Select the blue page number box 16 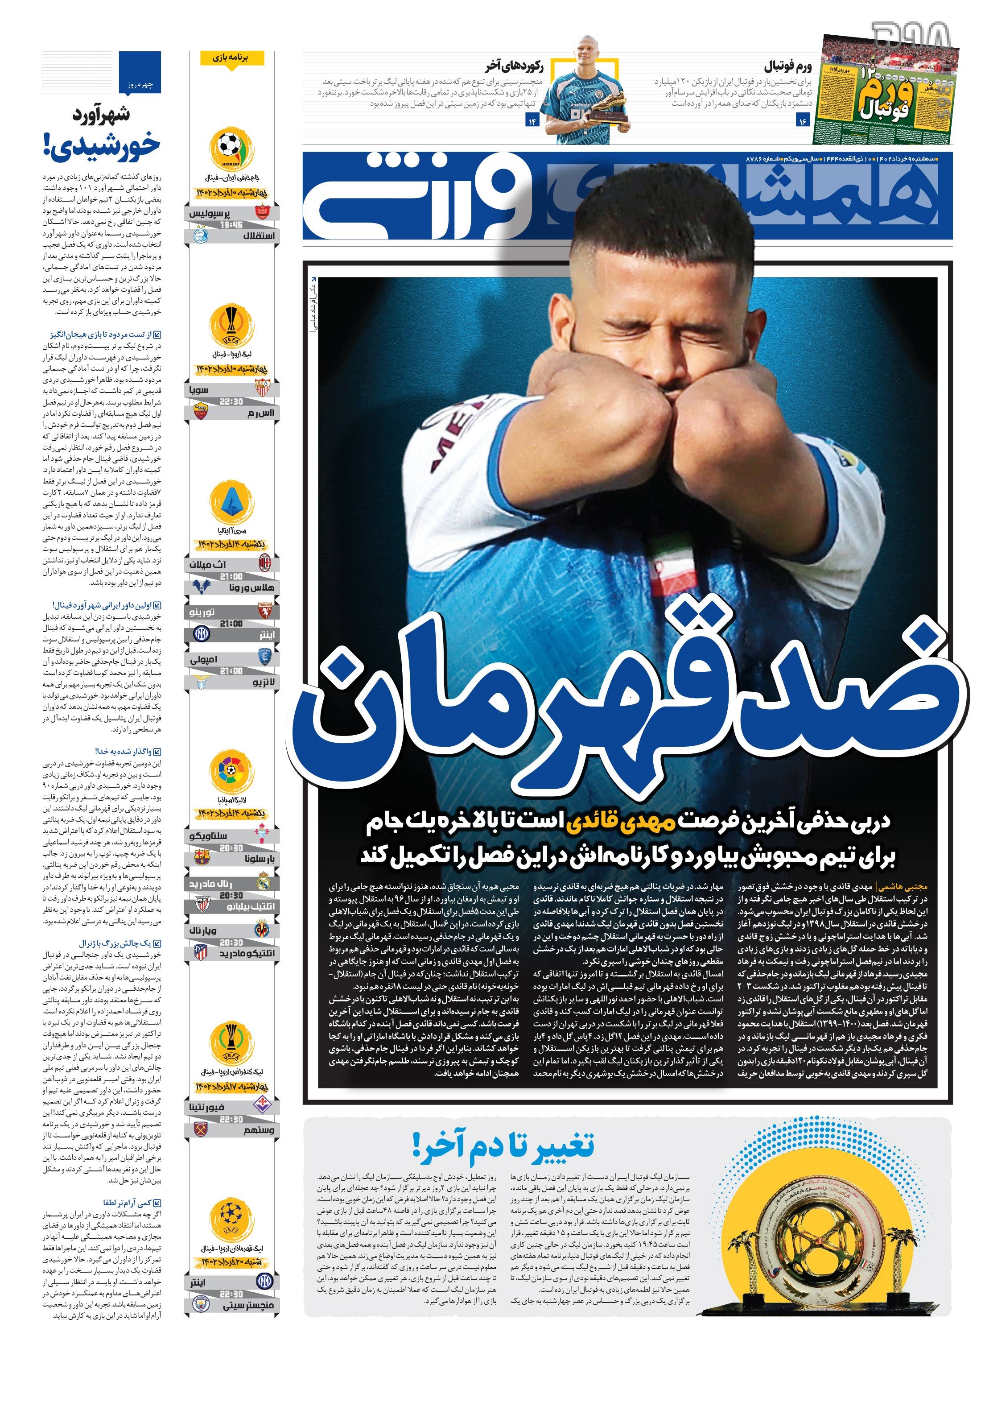pos(802,121)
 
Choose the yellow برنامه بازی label pos(231,58)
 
